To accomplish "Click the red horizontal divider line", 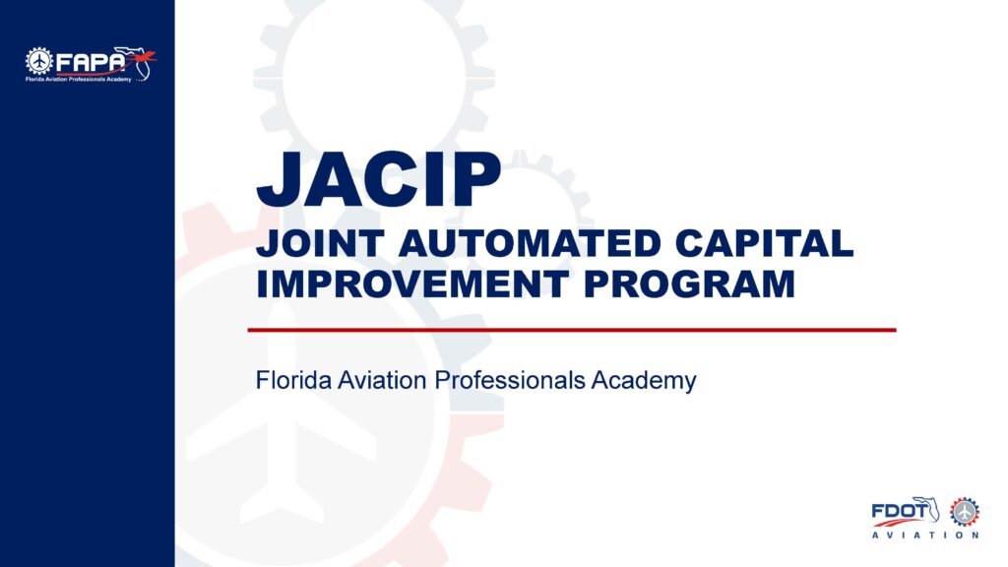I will pos(571,330).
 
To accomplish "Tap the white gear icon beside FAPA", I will pos(38,61).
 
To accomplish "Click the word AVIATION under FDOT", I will pos(925,536).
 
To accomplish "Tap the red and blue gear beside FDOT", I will pos(964,511).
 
